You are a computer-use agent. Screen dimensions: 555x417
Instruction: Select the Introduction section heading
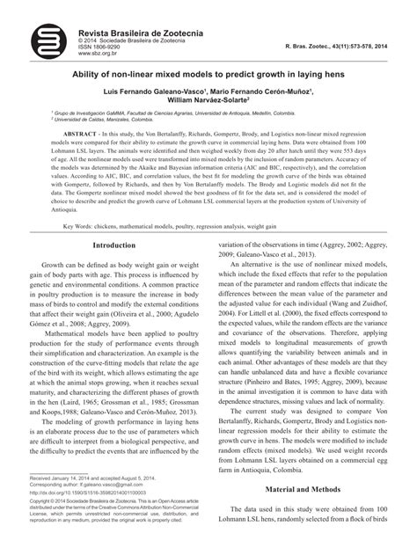coord(119,246)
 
